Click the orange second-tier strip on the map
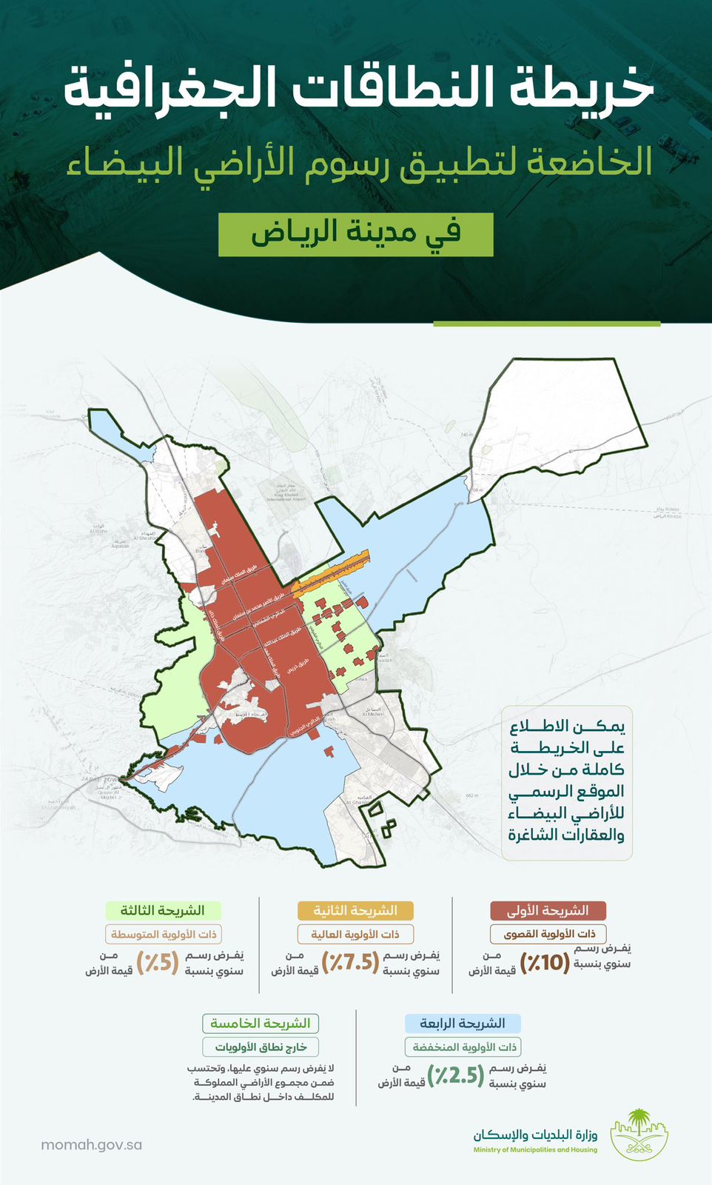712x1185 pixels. [x=330, y=573]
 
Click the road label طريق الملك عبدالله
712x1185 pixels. [x=282, y=638]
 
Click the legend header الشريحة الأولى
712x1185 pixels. [x=548, y=910]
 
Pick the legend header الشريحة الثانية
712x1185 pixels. [x=355, y=910]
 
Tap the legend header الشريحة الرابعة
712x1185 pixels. [x=463, y=1024]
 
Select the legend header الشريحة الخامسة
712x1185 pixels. [x=261, y=1024]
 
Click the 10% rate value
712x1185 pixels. [x=545, y=962]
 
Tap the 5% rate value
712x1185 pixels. [x=158, y=962]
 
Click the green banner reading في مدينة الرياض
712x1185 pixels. [x=356, y=234]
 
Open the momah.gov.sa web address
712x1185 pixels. [x=91, y=1144]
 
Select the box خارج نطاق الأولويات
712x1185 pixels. [x=261, y=1047]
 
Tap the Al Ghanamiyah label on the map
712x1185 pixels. [x=357, y=801]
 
